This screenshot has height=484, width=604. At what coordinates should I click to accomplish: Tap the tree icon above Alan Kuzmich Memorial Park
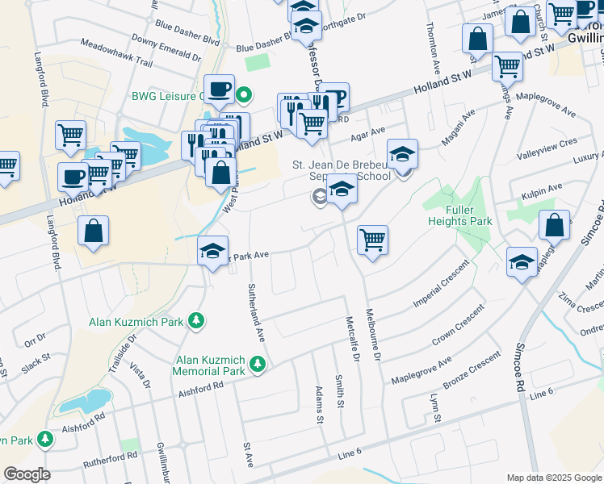pos(258,365)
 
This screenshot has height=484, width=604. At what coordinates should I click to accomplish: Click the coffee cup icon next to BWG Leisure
pos(218,91)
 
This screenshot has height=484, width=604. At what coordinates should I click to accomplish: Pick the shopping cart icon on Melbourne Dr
pos(372,239)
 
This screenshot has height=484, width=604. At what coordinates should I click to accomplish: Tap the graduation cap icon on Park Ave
pos(212,252)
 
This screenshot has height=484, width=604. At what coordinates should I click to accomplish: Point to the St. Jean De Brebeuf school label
pos(341,170)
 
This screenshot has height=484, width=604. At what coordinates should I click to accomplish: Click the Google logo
pos(27,474)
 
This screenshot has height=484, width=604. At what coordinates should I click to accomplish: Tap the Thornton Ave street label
pos(433,44)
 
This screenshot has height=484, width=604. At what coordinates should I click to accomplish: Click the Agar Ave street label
pos(367,130)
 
